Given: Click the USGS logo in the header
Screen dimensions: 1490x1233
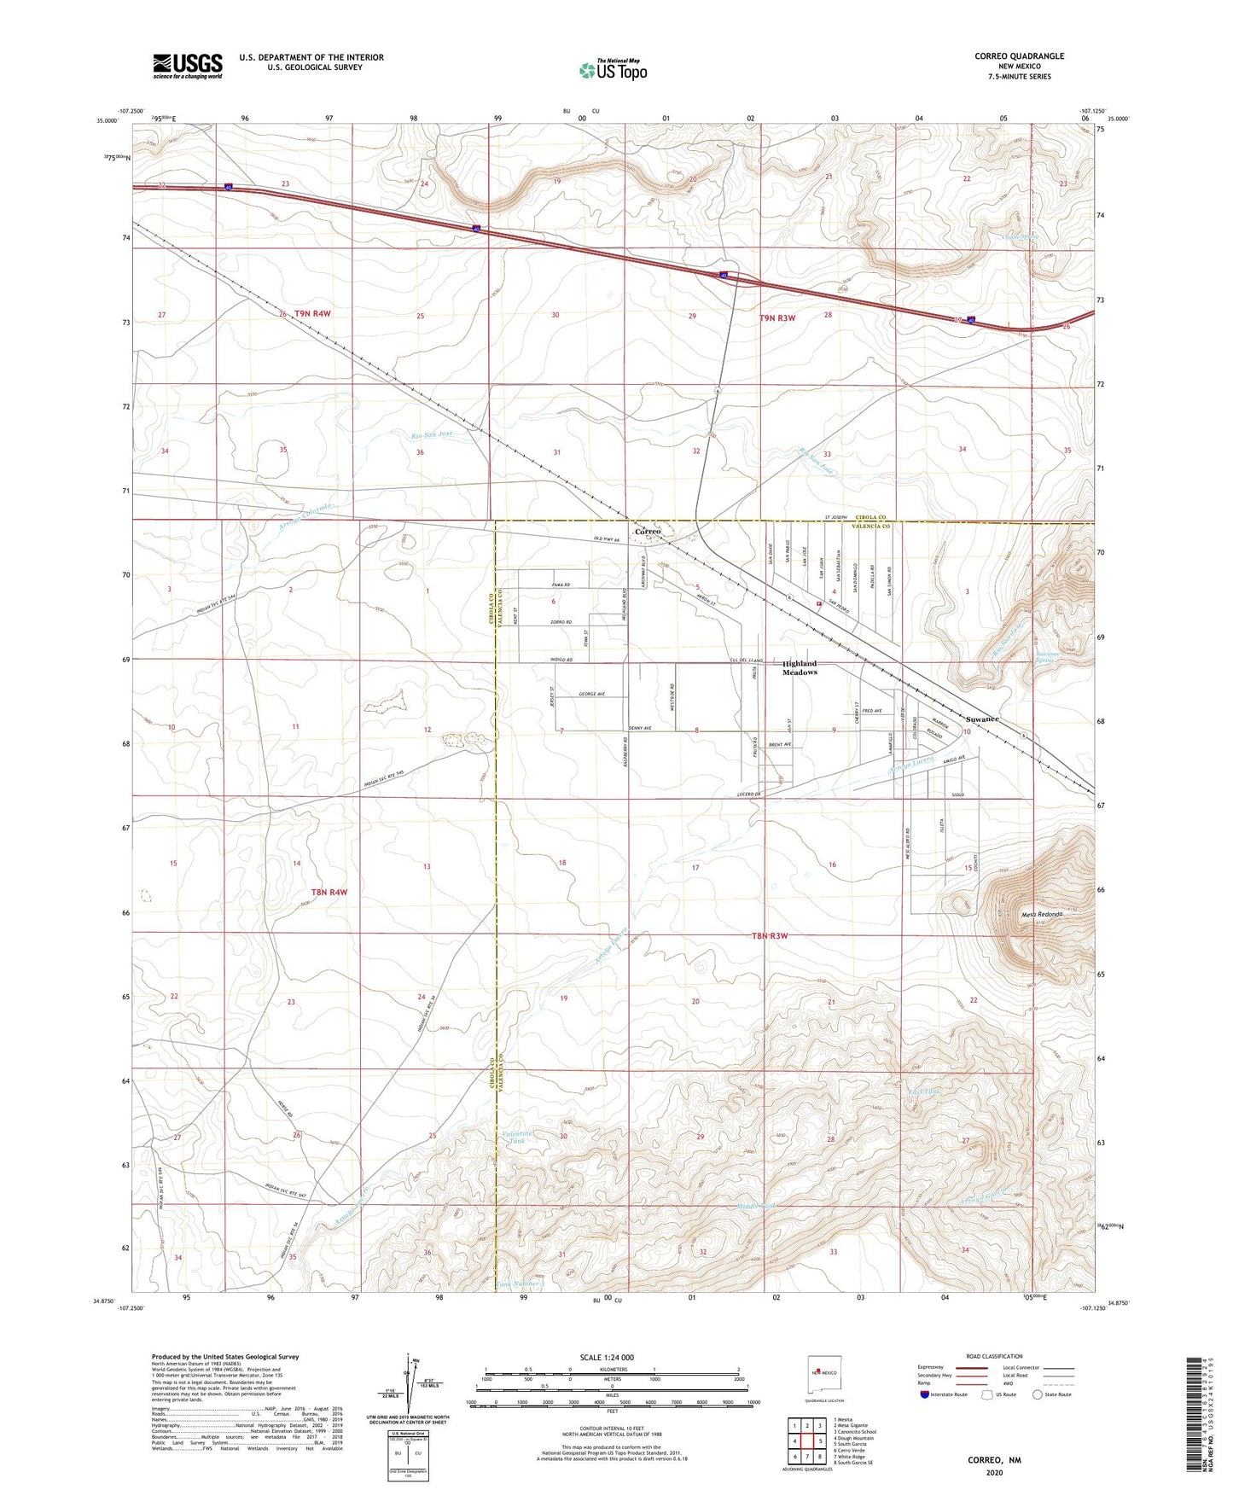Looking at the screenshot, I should (188, 66).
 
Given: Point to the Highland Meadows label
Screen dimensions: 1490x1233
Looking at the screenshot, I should (800, 667).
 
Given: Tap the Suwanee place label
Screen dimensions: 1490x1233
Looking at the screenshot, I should (982, 719).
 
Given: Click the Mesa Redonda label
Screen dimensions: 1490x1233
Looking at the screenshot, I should (1041, 914).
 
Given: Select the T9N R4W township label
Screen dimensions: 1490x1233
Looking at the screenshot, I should (311, 314).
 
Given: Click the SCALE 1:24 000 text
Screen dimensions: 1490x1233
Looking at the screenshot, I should (608, 1358).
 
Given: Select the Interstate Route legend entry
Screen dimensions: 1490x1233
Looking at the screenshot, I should (944, 1394).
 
